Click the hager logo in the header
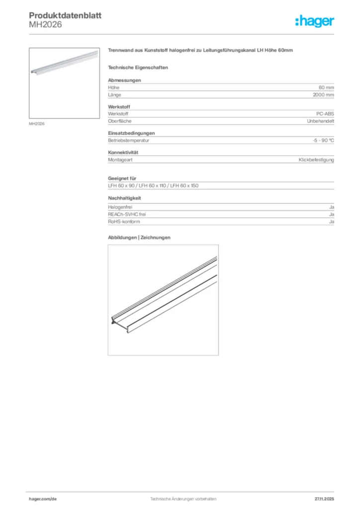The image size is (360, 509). tap(314, 21)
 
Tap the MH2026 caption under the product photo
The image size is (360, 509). tap(37, 124)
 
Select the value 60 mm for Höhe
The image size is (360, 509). tap(326, 87)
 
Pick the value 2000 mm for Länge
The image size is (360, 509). tap(323, 94)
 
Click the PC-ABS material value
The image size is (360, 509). tap(325, 114)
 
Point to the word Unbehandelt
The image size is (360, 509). tap(321, 121)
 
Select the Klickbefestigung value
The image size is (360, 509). tap(316, 160)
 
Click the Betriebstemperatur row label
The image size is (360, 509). tap(129, 141)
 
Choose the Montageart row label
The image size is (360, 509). tap(120, 160)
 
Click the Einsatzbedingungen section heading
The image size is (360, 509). tap(132, 133)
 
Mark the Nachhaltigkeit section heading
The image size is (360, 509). tap(125, 198)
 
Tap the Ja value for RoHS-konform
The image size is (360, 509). tap(331, 221)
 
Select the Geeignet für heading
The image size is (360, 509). tap(122, 178)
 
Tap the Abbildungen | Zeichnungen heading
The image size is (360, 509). tap(139, 238)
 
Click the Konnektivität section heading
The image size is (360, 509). tap(123, 153)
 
